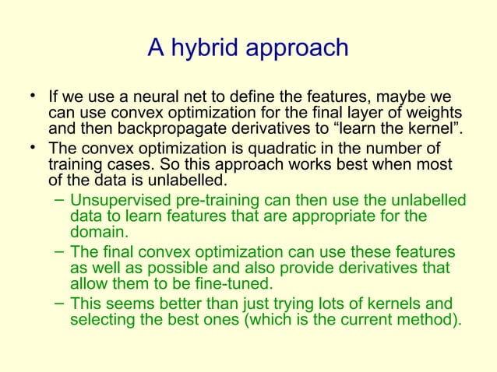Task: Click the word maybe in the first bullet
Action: click(404, 99)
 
